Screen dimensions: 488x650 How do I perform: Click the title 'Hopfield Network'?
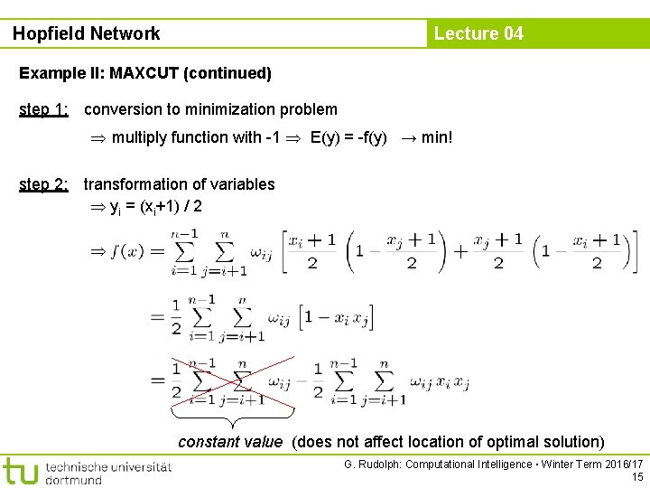tap(87, 33)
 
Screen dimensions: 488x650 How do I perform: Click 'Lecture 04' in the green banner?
tap(478, 33)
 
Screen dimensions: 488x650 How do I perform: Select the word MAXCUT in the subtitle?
tap(144, 72)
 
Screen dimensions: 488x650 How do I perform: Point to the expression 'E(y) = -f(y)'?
tap(348, 137)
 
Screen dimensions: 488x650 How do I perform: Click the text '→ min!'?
tap(425, 137)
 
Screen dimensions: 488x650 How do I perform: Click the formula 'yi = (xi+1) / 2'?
tap(155, 207)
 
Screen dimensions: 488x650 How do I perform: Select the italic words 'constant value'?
tap(230, 442)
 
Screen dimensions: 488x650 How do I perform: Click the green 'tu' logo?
tap(20, 472)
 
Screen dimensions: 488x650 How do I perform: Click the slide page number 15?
tap(637, 477)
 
